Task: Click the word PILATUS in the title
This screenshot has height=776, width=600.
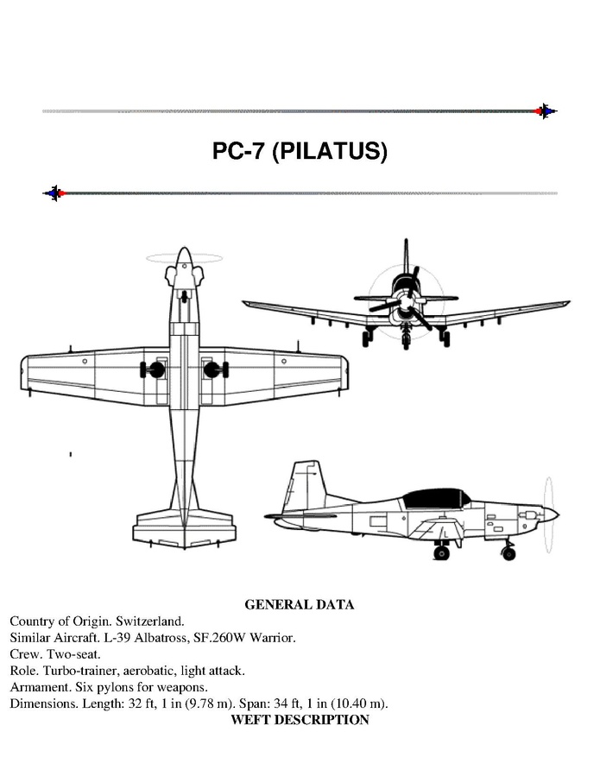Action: pos(330,150)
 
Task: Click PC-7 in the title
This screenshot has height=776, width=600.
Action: pos(238,150)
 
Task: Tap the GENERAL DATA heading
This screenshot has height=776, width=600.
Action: pos(300,604)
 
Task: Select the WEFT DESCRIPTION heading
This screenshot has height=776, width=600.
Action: pos(300,720)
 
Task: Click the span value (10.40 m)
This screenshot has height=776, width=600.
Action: pos(359,703)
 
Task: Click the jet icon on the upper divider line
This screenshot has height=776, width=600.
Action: pos(546,111)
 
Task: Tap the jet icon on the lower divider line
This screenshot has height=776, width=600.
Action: pos(54,193)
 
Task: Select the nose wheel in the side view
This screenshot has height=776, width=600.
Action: pos(508,553)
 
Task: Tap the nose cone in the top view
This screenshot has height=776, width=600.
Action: pos(184,257)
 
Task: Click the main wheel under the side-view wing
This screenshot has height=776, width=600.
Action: pos(442,552)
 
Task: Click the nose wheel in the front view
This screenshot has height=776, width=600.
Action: pos(407,338)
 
